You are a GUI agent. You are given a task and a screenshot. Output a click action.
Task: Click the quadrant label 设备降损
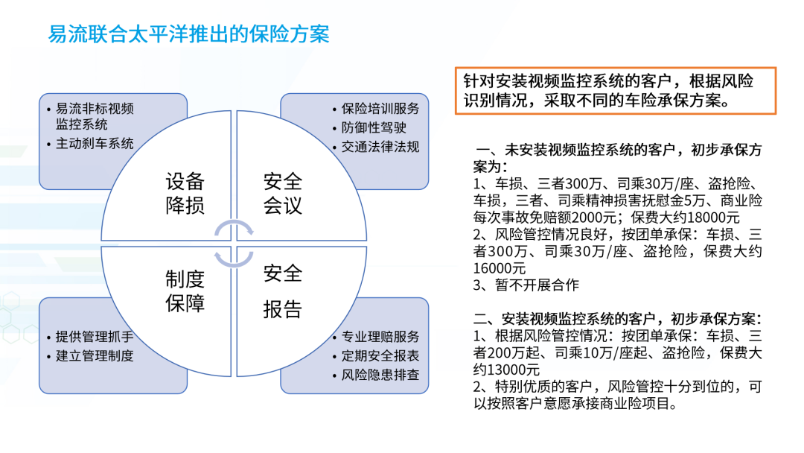pyautogui.click(x=185, y=193)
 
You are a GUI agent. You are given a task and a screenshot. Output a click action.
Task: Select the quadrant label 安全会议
pyautogui.click(x=283, y=193)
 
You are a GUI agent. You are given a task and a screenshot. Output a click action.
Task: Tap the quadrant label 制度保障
pyautogui.click(x=185, y=291)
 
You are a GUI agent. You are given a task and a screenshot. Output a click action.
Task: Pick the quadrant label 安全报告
pyautogui.click(x=283, y=291)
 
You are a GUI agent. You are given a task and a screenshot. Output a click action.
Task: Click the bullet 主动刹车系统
pyautogui.click(x=95, y=143)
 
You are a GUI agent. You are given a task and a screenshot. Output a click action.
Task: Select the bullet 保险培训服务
pyautogui.click(x=380, y=109)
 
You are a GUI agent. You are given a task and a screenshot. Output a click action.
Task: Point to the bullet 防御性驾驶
pyautogui.click(x=374, y=127)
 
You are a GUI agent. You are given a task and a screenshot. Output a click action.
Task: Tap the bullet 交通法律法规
pyautogui.click(x=380, y=147)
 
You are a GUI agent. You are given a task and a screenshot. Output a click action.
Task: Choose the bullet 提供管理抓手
pyautogui.click(x=95, y=336)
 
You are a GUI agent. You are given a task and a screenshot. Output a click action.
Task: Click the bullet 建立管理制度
pyautogui.click(x=95, y=355)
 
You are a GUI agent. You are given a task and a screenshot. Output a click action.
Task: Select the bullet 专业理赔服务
pyautogui.click(x=380, y=337)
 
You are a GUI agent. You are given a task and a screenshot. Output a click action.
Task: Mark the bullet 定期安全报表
pyautogui.click(x=380, y=355)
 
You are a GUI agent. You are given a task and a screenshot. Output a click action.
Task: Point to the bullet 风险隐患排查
pyautogui.click(x=380, y=375)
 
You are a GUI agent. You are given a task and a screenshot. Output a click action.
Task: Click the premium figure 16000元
pyautogui.click(x=499, y=268)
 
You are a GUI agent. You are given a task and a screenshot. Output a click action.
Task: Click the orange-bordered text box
pyautogui.click(x=615, y=90)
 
